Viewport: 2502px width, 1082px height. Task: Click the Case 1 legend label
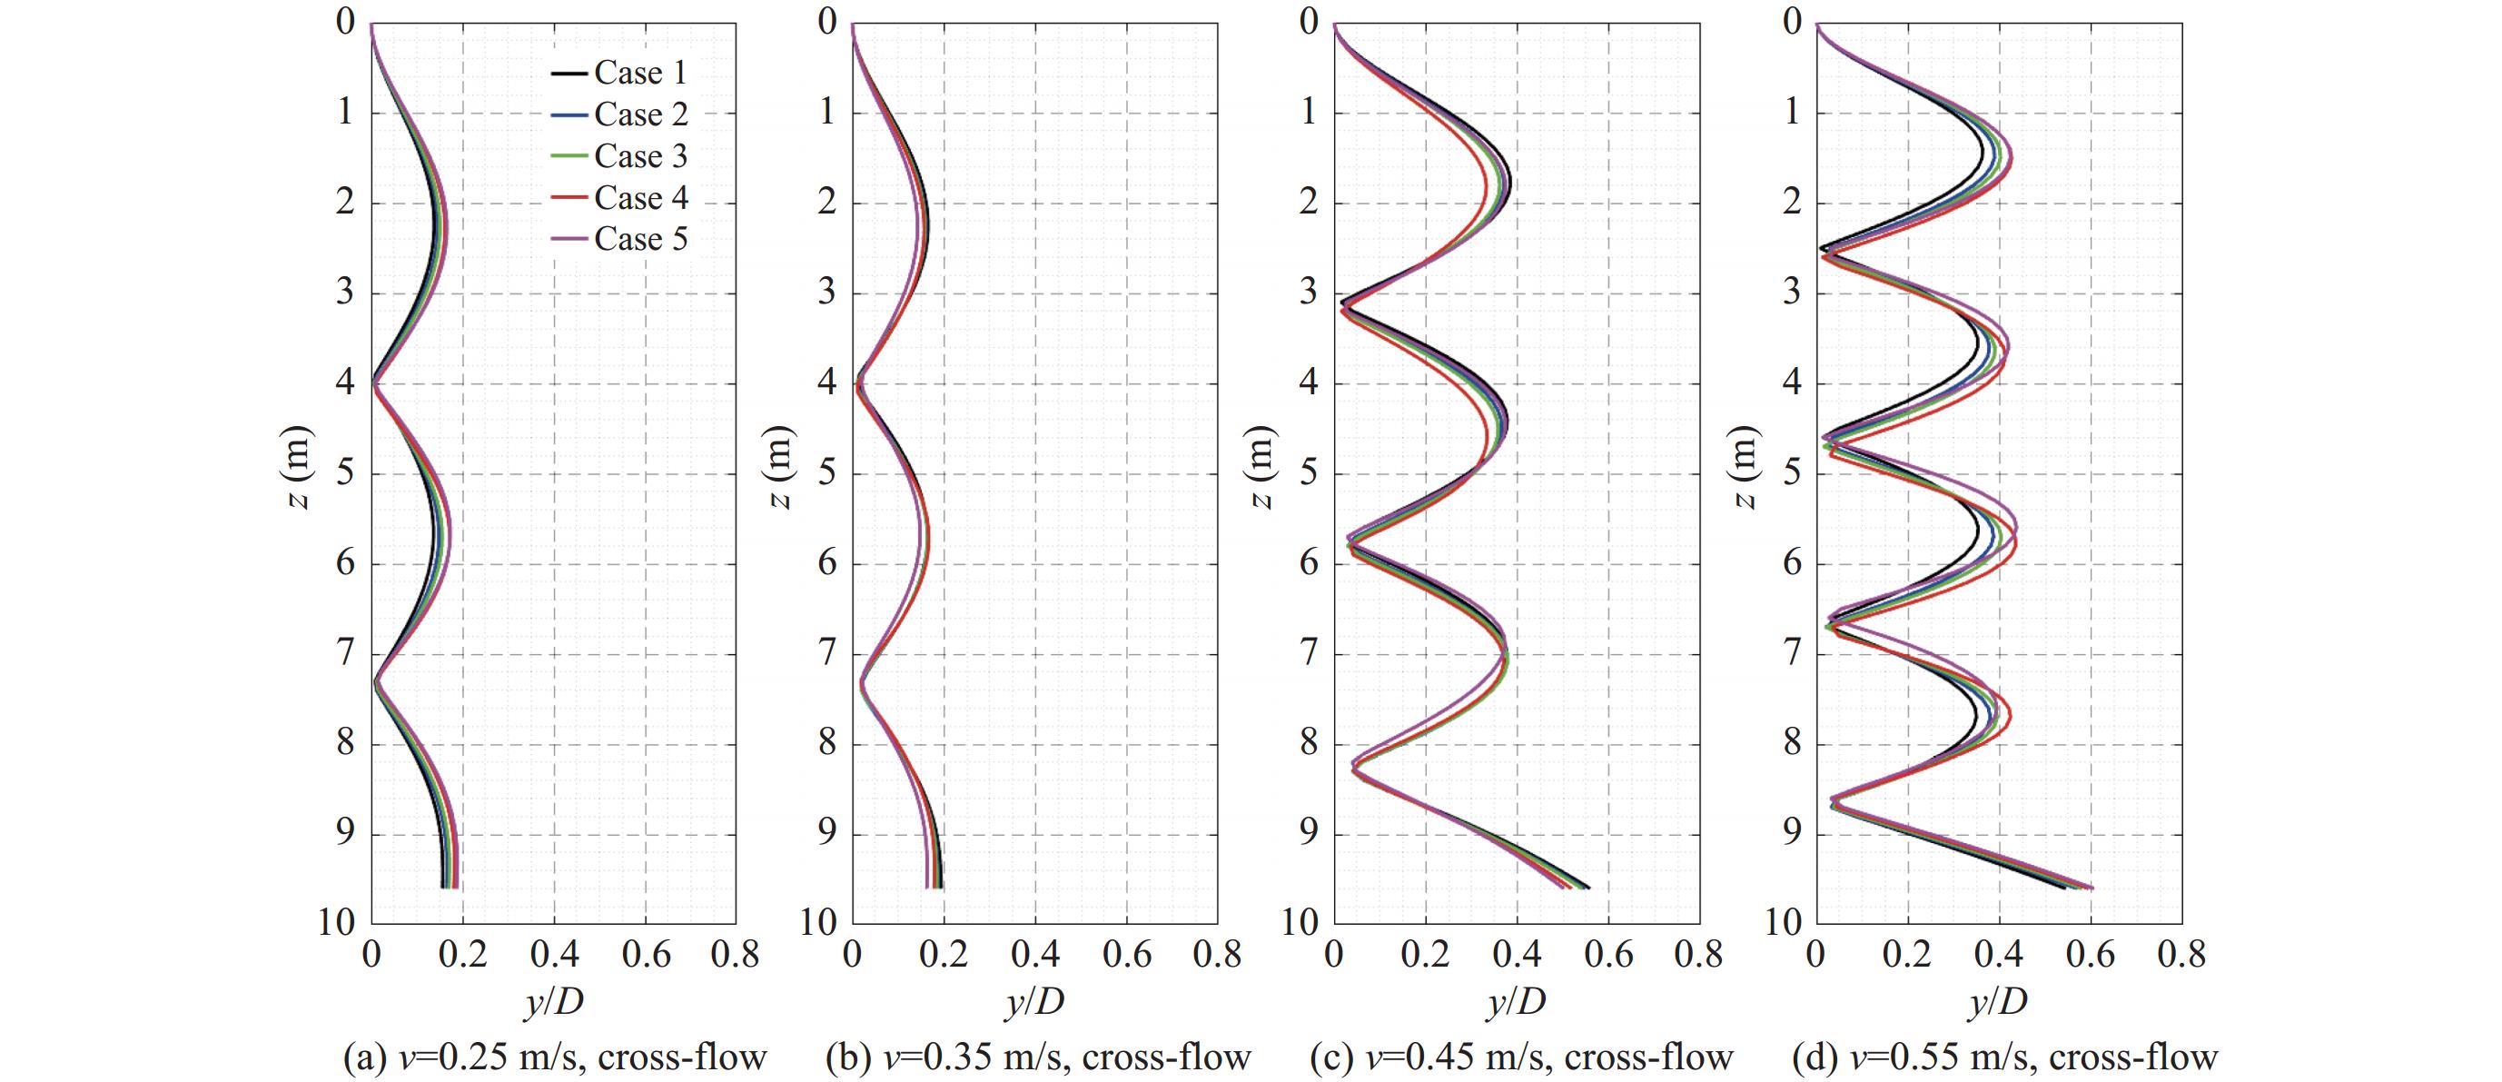click(x=640, y=73)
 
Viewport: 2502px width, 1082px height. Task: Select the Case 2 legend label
click(x=640, y=114)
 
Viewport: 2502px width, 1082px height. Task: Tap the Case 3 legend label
click(x=640, y=156)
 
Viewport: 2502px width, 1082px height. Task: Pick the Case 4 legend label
click(x=640, y=198)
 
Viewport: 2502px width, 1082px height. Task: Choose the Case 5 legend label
click(x=640, y=240)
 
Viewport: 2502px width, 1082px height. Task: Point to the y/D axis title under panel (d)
click(x=1999, y=1001)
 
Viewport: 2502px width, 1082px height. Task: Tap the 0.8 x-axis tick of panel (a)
click(x=735, y=956)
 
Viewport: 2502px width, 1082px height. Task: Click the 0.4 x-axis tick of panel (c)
click(x=1516, y=956)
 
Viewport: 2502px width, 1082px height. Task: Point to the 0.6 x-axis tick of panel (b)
click(x=1127, y=956)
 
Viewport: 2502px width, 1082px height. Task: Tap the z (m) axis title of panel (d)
click(x=1745, y=469)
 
